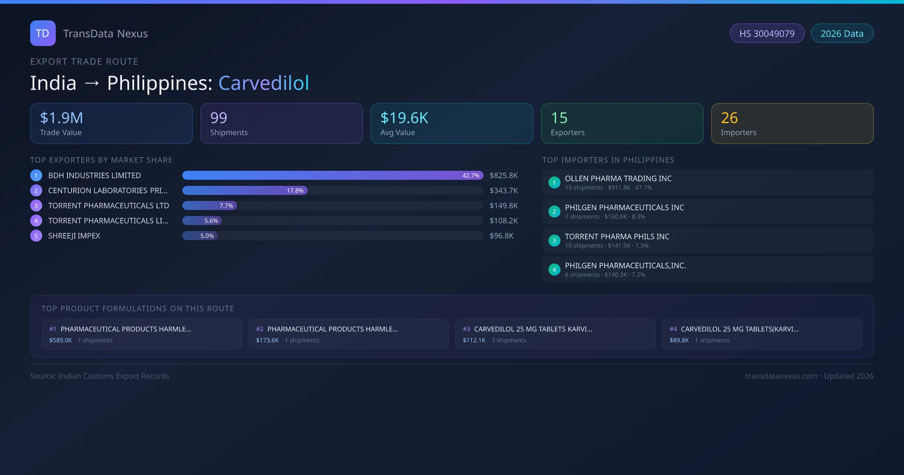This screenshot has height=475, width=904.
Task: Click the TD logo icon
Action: (x=43, y=33)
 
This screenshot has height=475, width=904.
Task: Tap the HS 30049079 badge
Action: (x=767, y=34)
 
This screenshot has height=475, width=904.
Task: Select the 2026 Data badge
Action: (x=842, y=34)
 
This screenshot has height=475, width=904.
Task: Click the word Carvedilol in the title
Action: (x=264, y=83)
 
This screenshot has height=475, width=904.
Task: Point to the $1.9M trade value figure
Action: (x=61, y=118)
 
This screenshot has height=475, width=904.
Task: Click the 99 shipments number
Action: (x=219, y=118)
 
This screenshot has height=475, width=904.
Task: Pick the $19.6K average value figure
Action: (x=404, y=118)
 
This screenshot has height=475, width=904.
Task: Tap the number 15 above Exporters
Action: (x=559, y=118)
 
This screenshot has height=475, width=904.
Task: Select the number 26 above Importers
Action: (x=729, y=118)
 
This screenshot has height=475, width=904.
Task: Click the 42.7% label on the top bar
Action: (x=471, y=176)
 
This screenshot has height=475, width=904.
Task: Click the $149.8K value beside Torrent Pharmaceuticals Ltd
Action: (x=504, y=206)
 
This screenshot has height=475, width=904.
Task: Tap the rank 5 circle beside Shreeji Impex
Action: (x=36, y=236)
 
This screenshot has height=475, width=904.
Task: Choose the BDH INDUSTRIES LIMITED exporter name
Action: (x=95, y=176)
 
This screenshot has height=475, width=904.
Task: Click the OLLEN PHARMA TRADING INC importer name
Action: (x=618, y=179)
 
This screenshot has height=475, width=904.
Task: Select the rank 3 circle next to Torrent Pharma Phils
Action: (x=554, y=241)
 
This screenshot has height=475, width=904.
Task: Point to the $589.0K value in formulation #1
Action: (x=61, y=340)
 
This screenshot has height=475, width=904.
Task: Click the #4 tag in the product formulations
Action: (x=673, y=329)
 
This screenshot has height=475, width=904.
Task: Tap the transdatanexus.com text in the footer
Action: (x=781, y=376)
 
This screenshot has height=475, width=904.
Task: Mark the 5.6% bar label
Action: (x=211, y=221)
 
